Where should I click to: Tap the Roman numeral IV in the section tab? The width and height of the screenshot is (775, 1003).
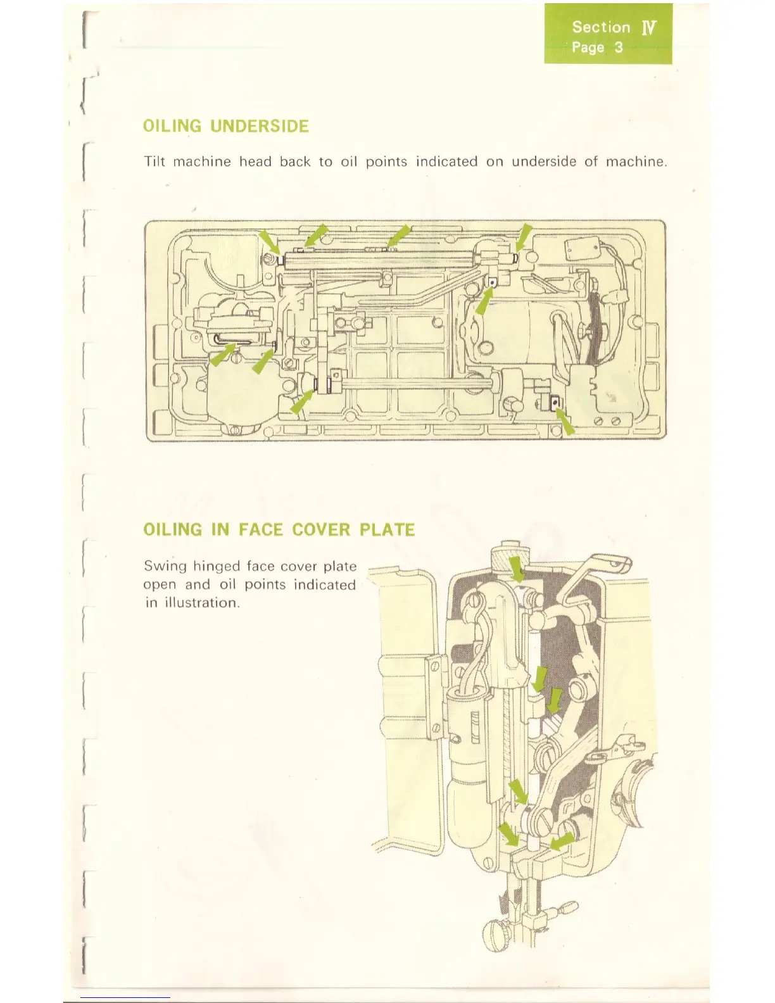[x=649, y=28]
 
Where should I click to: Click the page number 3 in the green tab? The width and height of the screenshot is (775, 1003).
[x=619, y=47]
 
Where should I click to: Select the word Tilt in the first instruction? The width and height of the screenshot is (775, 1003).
[x=154, y=161]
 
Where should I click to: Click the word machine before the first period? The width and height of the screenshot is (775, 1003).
[x=635, y=161]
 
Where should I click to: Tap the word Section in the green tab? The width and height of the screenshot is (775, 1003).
[x=601, y=27]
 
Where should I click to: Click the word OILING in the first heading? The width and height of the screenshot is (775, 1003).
[x=172, y=126]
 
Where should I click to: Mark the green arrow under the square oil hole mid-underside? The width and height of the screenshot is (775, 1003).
[x=484, y=302]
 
